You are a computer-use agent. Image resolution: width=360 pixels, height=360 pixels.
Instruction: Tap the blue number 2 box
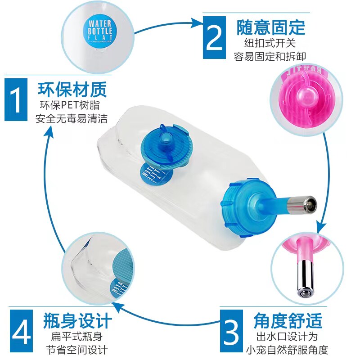[214, 38]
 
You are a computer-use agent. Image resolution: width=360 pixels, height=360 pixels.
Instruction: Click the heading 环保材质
[72, 89]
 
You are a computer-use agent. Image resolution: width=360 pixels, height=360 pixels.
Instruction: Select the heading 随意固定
[270, 27]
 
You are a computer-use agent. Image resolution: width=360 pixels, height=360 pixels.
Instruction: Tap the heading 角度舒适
[288, 321]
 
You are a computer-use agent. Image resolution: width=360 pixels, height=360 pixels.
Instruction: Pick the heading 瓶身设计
[77, 321]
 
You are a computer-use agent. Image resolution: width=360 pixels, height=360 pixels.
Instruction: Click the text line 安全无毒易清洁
[72, 120]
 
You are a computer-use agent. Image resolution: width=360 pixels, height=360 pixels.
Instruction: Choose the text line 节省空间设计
[77, 350]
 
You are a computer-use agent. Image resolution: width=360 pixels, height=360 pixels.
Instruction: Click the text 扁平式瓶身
[77, 336]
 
